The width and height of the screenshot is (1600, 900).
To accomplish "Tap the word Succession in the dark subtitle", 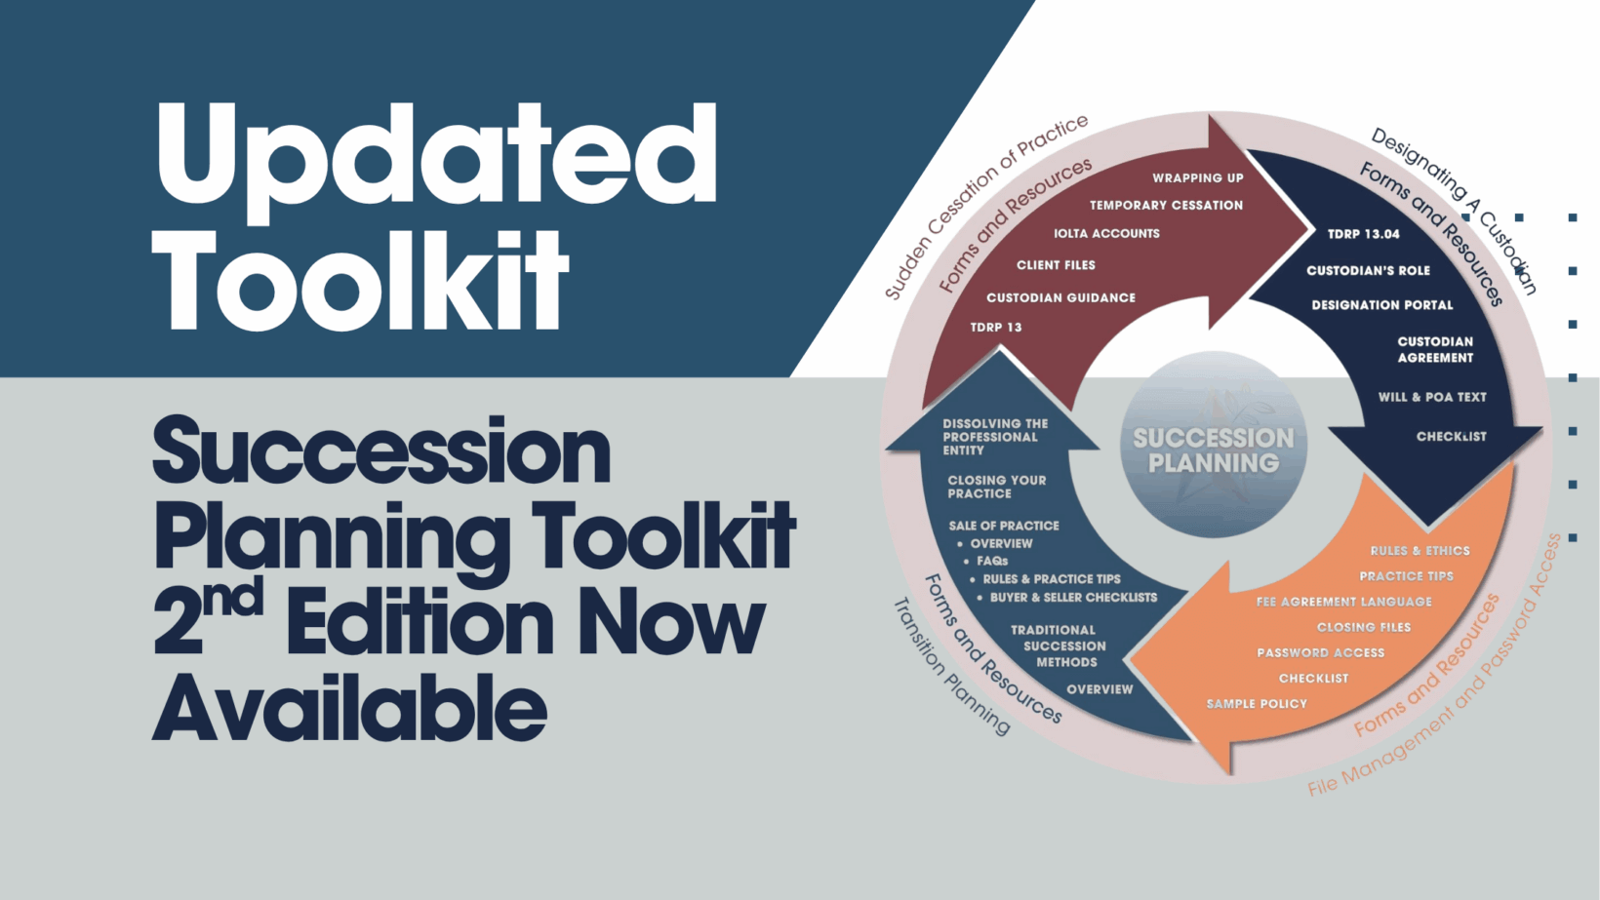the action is (382, 452).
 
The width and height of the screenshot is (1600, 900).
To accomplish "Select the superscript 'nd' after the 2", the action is (232, 598).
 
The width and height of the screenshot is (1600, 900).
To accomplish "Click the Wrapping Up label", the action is (1198, 177).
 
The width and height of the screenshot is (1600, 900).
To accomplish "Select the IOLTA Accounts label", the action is (1106, 233).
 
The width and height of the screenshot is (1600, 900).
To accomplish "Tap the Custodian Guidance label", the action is (1060, 297).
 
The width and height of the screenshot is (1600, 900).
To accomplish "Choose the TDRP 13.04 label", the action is (1364, 234).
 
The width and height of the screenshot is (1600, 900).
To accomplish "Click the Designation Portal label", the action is (1382, 305).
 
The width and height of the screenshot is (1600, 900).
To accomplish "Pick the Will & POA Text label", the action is (1432, 397).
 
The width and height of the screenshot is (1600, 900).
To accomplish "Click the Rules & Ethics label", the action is (1420, 550).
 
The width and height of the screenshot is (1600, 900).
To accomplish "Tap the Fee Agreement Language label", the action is (1344, 602).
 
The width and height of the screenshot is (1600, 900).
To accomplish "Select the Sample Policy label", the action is (1257, 704).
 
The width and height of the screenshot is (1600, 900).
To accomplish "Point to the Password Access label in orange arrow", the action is (1321, 652).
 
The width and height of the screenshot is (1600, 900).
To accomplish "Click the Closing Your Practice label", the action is (996, 487).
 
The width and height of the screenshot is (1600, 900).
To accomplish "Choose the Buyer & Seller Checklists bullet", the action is (1066, 598).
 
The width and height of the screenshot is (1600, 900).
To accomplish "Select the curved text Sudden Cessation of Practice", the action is (985, 207).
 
